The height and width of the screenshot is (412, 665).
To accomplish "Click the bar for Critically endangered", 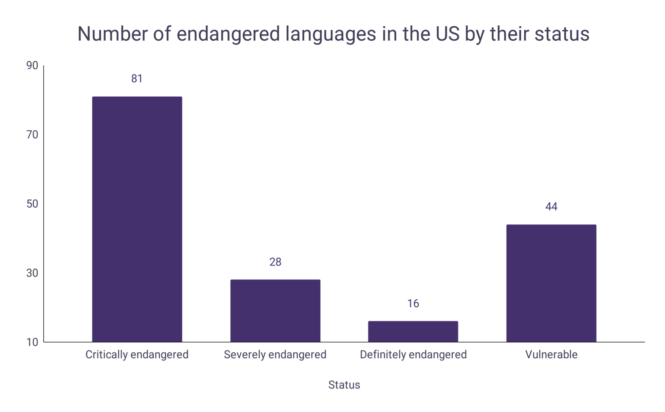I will coord(137,219).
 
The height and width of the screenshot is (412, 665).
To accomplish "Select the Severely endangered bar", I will coord(275,311).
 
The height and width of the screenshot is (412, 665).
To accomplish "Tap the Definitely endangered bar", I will coord(413,331).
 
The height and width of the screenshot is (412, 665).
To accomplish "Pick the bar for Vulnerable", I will coord(551,283).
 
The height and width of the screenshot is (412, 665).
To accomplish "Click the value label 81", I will coord(137,78).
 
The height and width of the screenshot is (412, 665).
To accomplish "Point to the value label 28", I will coord(275,262).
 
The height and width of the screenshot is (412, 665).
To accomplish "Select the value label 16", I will coord(413,303).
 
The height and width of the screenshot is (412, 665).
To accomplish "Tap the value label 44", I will coord(551,207).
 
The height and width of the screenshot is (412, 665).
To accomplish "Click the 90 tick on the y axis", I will coord(32,65).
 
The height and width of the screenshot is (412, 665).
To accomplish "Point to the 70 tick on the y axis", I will coord(32,135).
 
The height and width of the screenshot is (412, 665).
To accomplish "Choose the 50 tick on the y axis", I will coord(32,204).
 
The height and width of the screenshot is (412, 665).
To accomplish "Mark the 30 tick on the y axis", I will coord(32,273).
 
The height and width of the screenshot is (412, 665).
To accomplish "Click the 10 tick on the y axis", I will coord(32,342).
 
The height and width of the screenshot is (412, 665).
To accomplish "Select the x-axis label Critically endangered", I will coord(137,354).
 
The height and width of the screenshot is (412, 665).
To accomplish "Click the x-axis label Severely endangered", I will coord(275,354).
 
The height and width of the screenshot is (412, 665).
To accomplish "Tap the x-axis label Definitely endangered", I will coord(413,354).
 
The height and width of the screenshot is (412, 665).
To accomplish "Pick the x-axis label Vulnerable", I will coord(551,354).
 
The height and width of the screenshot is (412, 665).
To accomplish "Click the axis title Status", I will coord(344,385).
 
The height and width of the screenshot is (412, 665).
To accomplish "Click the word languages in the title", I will coord(330,34).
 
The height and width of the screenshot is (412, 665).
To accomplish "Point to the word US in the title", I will coord(448,34).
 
